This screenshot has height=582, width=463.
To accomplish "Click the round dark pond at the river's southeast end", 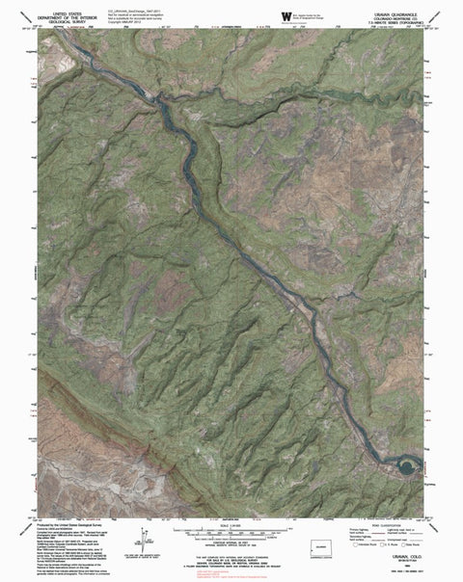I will pyautogui.click(x=404, y=467).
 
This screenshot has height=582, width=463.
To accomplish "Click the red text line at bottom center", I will pyautogui.click(x=231, y=571).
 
